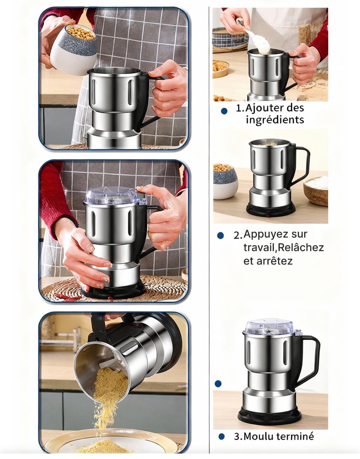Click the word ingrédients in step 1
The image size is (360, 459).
pos(275,120)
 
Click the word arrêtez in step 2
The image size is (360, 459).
pos(268,261)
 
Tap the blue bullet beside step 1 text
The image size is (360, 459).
pos(224,111)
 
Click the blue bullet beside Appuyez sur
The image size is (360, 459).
pos(220,236)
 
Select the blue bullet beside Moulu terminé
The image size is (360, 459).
pos(222,436)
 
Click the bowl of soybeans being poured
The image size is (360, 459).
pos(73,48)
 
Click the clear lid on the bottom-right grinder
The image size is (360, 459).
pos(269,326)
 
